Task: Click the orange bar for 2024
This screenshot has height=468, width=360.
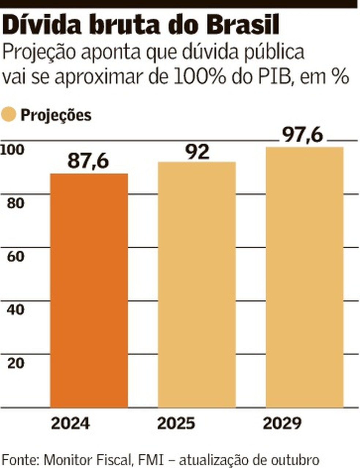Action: click(x=89, y=290)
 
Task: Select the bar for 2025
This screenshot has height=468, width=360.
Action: click(x=197, y=284)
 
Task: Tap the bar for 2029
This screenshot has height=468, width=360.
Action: click(x=304, y=277)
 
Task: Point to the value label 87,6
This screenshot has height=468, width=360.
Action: click(x=88, y=161)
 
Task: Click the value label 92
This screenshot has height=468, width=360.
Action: click(x=197, y=151)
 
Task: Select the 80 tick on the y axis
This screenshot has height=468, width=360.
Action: click(x=15, y=203)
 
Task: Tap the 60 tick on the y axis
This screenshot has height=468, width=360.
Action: click(x=15, y=257)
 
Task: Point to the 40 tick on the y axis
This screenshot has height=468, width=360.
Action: click(x=15, y=310)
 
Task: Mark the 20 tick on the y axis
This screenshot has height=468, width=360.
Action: click(x=15, y=363)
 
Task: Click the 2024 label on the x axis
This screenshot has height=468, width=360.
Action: click(x=70, y=424)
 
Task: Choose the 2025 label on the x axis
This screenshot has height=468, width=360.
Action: click(x=176, y=424)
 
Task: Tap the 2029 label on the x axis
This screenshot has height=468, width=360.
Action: click(x=282, y=424)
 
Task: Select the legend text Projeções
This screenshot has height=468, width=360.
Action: click(x=56, y=115)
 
